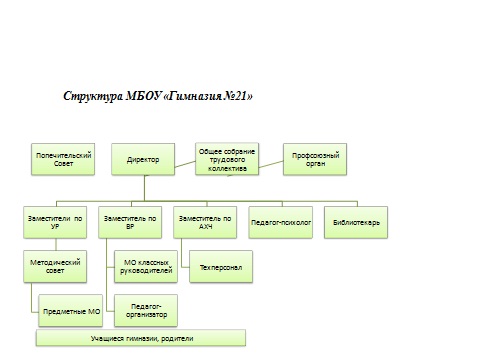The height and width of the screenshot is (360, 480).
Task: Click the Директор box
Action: [x=143, y=159]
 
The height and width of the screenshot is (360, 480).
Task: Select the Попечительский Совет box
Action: [x=63, y=159]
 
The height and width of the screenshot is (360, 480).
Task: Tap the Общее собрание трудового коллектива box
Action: [x=227, y=159]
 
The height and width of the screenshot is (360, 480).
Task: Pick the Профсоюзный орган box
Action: [x=315, y=159]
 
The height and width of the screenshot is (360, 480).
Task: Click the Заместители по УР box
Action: [x=55, y=222]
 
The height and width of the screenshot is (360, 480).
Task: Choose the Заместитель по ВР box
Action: [x=130, y=222]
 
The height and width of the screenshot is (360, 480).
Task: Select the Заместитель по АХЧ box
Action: [x=205, y=222]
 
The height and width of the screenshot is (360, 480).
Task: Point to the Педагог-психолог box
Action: [x=281, y=222]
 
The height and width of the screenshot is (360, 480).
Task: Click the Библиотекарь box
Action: [x=356, y=222]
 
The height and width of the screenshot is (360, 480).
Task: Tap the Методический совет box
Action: [x=55, y=267]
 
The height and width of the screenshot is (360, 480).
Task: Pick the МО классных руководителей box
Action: [x=146, y=267]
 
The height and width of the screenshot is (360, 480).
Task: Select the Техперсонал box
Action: [x=221, y=267]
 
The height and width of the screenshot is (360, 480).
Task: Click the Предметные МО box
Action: [x=71, y=311]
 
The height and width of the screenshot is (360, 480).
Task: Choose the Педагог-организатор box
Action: [x=146, y=311]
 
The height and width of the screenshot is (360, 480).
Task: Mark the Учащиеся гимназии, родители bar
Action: [x=141, y=338]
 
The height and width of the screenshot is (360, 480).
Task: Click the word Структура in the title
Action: [x=93, y=96]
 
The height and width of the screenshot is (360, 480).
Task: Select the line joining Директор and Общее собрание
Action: [x=185, y=164]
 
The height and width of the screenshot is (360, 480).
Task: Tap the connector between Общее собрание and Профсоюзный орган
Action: [x=271, y=164]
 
